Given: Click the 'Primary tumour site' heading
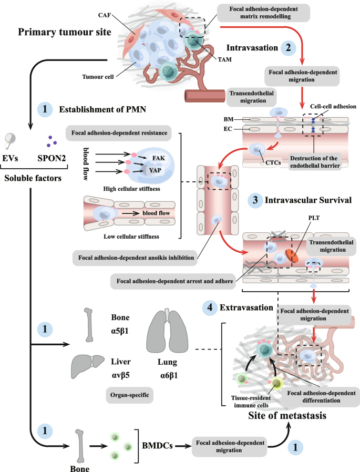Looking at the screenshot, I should pos(65,32).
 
